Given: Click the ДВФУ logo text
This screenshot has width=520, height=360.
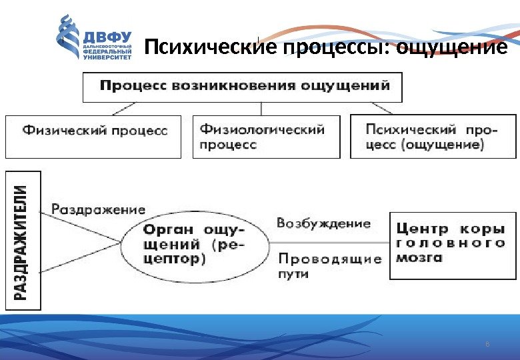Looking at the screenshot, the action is [x=107, y=35].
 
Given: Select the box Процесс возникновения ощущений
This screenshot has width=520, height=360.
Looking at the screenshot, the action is [x=243, y=87].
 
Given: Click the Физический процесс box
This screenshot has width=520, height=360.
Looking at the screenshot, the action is [x=93, y=136].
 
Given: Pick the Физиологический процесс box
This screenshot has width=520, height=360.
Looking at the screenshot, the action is [x=265, y=136].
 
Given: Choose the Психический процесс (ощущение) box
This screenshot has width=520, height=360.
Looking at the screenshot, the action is [x=433, y=136].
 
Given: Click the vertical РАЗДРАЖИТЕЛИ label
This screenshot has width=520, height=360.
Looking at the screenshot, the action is [x=23, y=240].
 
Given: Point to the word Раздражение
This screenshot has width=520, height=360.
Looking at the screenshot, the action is [x=99, y=209].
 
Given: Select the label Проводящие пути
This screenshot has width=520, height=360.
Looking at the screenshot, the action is [x=329, y=265].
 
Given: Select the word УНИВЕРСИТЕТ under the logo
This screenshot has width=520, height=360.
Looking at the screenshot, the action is [x=107, y=57].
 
